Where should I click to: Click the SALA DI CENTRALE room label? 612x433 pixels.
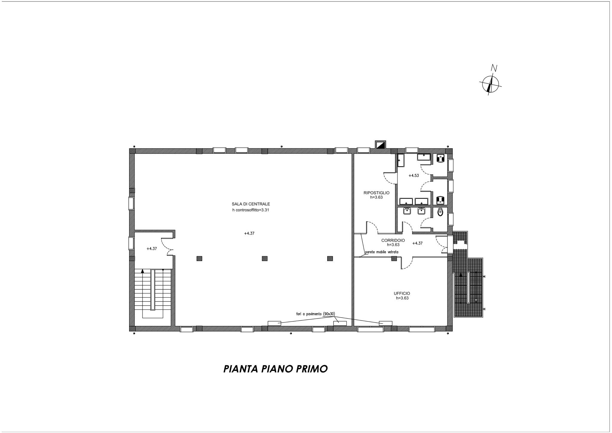point(251,204)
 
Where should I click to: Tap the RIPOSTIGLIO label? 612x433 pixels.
point(376,193)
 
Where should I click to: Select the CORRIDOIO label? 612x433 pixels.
point(393,240)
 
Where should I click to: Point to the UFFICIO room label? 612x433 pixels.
point(402,293)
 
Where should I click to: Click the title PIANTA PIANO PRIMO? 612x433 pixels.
point(276,369)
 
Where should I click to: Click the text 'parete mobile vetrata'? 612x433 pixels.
point(382,252)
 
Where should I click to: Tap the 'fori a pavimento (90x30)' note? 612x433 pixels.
point(314,314)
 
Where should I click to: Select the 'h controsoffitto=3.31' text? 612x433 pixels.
point(251,210)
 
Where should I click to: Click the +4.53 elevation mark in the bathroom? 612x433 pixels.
point(414,176)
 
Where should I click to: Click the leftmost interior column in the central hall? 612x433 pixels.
point(199,259)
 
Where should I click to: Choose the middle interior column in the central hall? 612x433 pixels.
point(264,259)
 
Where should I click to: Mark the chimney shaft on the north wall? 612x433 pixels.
point(380,145)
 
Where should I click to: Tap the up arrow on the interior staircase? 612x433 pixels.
point(143,271)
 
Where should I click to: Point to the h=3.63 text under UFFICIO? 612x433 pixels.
point(402,298)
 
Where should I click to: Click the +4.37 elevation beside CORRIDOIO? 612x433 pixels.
point(417,243)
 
